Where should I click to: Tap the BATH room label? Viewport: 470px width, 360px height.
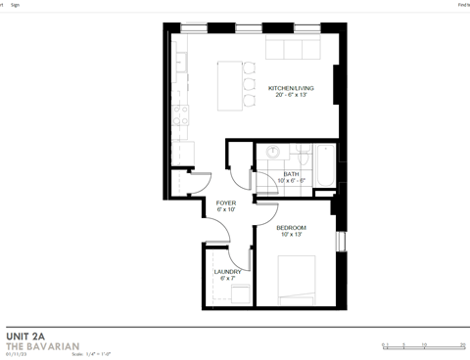click(x=292, y=173)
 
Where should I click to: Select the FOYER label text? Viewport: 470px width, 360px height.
click(x=226, y=202)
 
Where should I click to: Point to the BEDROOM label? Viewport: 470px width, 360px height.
click(x=291, y=227)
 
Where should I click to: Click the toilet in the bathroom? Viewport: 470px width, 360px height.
click(x=297, y=153)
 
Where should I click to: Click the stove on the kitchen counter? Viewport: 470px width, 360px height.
click(x=181, y=117)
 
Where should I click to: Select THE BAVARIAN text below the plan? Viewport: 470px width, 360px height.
click(x=36, y=346)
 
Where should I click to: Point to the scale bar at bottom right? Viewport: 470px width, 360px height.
click(x=423, y=343)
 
